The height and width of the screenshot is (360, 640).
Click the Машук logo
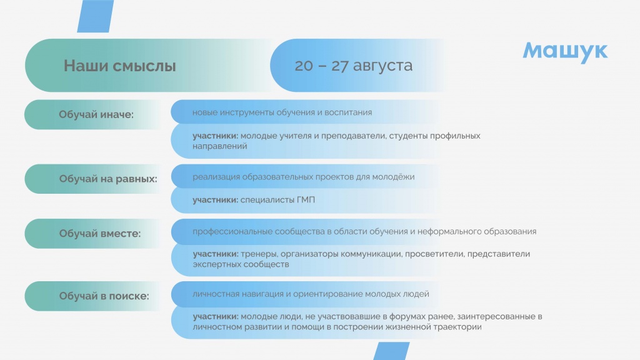565,52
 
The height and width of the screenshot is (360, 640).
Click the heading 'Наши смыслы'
119,66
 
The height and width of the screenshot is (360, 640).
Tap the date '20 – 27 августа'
354,65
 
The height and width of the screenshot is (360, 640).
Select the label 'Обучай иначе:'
96,114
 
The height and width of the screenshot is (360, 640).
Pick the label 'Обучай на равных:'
108,179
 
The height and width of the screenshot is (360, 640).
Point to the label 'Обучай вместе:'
99,234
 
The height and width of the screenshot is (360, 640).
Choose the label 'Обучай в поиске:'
104,296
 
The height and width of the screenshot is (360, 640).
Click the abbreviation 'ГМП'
306,200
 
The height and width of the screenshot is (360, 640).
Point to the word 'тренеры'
259,254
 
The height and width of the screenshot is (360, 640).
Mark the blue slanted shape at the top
95,16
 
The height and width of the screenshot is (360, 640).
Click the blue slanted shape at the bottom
391,351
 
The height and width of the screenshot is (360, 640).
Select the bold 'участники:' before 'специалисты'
216,200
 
